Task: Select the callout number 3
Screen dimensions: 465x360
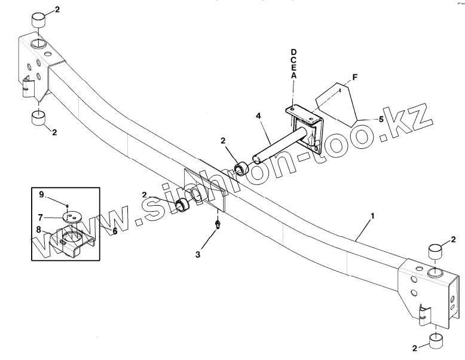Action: point(198,254)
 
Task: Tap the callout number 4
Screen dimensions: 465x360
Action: point(258,114)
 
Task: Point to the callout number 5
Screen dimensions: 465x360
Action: point(380,119)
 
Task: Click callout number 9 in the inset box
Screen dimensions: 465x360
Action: point(42,195)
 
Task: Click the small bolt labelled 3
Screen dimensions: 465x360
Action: point(219,225)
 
